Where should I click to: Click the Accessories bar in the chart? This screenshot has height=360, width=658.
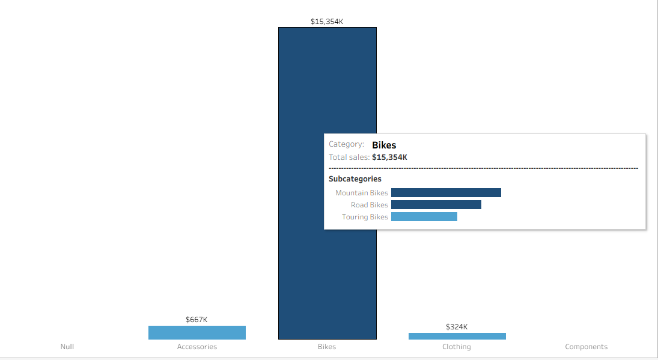pyautogui.click(x=197, y=332)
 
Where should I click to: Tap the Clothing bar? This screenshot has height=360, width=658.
pyautogui.click(x=457, y=336)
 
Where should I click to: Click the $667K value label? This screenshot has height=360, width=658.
pyautogui.click(x=196, y=320)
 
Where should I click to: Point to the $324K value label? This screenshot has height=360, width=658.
pyautogui.click(x=457, y=327)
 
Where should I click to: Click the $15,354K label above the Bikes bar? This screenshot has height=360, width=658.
pyautogui.click(x=327, y=22)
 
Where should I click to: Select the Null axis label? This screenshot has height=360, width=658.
pyautogui.click(x=67, y=347)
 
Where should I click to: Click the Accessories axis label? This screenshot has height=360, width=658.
pyautogui.click(x=197, y=347)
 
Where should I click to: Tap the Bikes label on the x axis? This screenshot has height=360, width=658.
pyautogui.click(x=327, y=347)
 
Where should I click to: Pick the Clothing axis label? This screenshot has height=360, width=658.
pyautogui.click(x=457, y=347)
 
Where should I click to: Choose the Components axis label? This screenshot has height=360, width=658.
pyautogui.click(x=586, y=347)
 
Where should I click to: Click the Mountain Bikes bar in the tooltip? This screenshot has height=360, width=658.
pyautogui.click(x=446, y=192)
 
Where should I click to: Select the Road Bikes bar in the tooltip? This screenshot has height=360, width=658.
pyautogui.click(x=436, y=205)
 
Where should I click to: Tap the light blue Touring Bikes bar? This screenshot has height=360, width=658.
pyautogui.click(x=424, y=216)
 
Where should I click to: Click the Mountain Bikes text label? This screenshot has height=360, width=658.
pyautogui.click(x=361, y=193)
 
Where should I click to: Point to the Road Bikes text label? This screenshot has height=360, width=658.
pyautogui.click(x=370, y=205)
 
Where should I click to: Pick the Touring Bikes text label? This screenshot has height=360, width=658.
pyautogui.click(x=365, y=217)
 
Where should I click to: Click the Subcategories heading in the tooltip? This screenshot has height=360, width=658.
pyautogui.click(x=355, y=178)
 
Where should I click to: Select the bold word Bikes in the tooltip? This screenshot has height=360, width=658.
pyautogui.click(x=384, y=145)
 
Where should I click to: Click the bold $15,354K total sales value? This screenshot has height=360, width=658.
pyautogui.click(x=389, y=157)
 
